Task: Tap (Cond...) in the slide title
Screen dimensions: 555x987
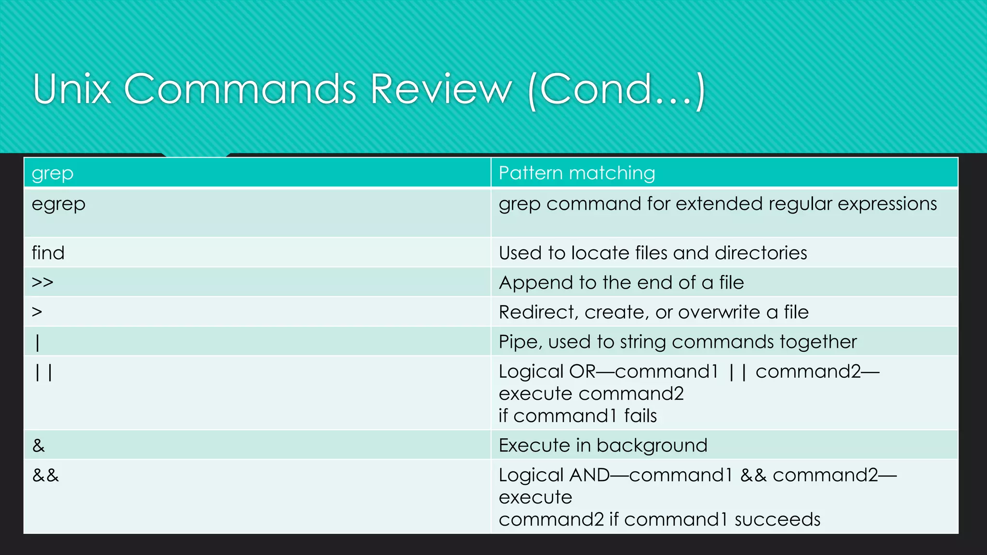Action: click(617, 90)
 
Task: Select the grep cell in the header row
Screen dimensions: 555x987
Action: click(53, 173)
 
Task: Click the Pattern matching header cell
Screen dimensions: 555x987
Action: click(577, 173)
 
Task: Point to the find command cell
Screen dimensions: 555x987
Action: click(48, 253)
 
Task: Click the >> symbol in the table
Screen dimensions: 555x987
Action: click(42, 282)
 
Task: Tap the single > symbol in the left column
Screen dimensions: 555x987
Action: click(37, 312)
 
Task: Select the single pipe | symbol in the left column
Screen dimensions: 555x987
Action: click(38, 343)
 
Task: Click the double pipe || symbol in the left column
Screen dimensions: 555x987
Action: click(43, 372)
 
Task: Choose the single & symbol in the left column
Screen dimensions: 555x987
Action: click(39, 446)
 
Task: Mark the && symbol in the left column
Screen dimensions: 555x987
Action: click(45, 476)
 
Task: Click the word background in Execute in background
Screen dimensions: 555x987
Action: click(652, 446)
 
